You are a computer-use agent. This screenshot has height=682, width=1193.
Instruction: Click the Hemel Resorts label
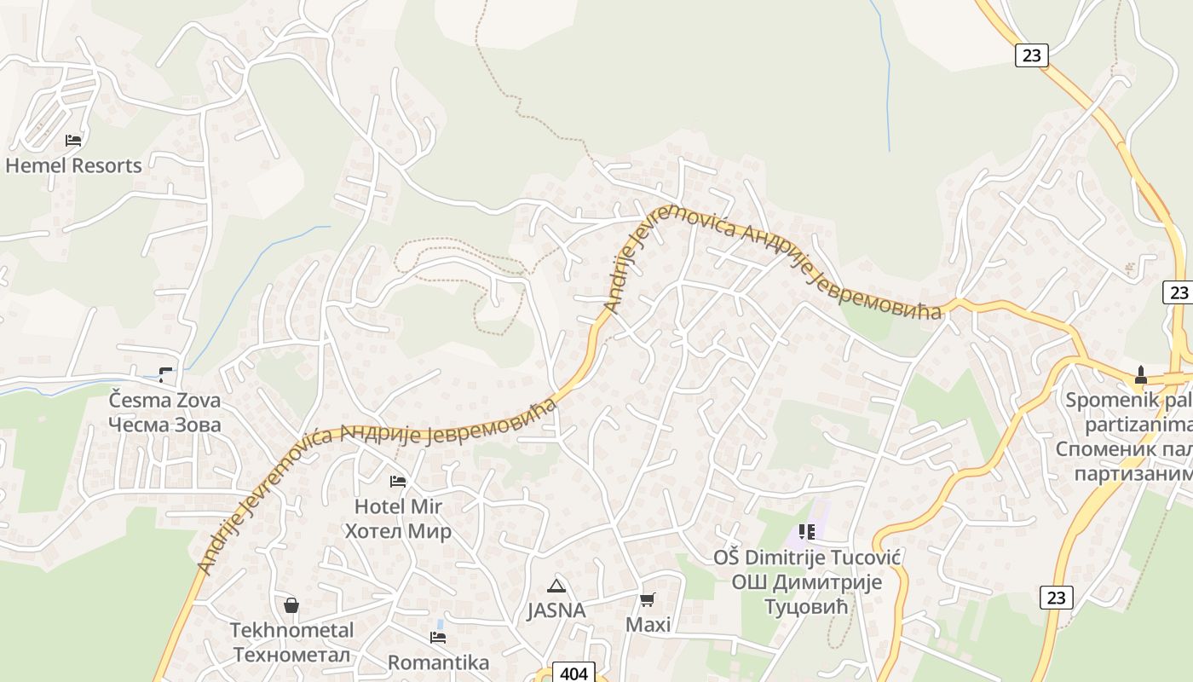73,165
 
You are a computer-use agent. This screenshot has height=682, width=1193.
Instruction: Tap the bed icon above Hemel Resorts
73,140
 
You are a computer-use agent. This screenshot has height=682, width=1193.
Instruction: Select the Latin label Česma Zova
164,400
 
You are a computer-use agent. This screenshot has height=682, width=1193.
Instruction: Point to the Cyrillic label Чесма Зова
164,425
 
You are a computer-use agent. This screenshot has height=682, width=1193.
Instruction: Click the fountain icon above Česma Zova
165,373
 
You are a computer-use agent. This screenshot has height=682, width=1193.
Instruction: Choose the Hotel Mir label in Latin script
398,506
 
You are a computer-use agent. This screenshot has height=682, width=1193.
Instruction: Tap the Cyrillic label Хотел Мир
398,531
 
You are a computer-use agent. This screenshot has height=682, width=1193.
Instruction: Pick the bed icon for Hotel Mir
398,482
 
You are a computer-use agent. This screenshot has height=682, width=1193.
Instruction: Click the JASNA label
556,610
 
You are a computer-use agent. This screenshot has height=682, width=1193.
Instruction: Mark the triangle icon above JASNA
556,586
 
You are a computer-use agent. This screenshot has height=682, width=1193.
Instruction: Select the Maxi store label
648,625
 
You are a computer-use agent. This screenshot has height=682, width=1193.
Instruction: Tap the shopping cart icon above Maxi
648,600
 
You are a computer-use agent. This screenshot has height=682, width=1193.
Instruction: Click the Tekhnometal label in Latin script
291,631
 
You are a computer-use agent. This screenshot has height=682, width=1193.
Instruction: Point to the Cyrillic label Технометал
291,655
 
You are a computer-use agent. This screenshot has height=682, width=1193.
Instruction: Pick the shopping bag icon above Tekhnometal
291,605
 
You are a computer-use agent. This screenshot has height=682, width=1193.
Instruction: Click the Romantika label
438,662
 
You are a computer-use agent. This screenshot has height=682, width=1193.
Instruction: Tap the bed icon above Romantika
438,638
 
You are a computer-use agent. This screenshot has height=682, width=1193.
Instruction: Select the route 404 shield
574,673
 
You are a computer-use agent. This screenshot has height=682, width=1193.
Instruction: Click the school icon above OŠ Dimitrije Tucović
807,533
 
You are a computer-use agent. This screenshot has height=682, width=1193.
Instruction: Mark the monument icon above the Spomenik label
1140,374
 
